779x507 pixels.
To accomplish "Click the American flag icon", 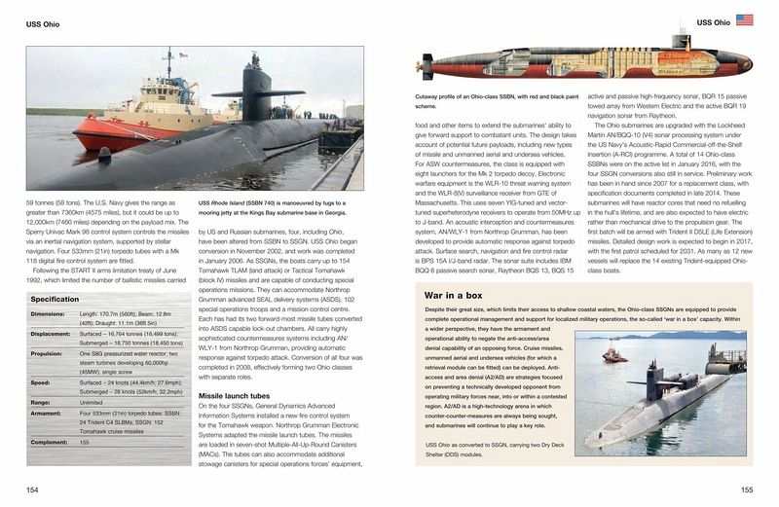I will click(744, 19).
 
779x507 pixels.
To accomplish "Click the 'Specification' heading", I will click(55, 299).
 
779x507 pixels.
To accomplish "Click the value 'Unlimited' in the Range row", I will click(95, 400).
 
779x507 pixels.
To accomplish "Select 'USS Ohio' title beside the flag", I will click(714, 20).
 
